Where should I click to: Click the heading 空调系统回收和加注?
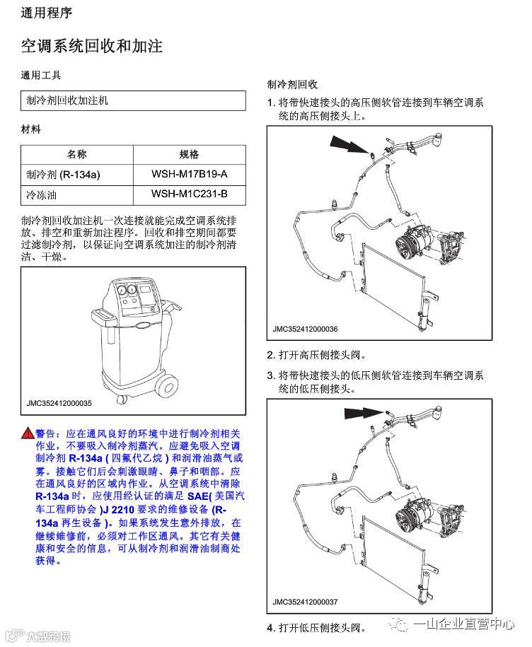tap(92, 47)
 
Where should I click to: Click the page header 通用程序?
tap(46, 13)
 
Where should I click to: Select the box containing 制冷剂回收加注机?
tap(133, 100)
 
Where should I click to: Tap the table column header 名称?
tap(76, 155)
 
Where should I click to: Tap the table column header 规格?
tap(189, 155)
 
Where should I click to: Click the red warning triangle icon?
tap(27, 433)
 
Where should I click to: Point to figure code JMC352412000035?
tap(59, 403)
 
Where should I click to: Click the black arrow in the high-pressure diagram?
tap(347, 145)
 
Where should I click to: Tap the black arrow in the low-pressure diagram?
tap(362, 412)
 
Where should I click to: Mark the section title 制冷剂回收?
tap(291, 83)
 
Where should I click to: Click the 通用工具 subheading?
tap(41, 75)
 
